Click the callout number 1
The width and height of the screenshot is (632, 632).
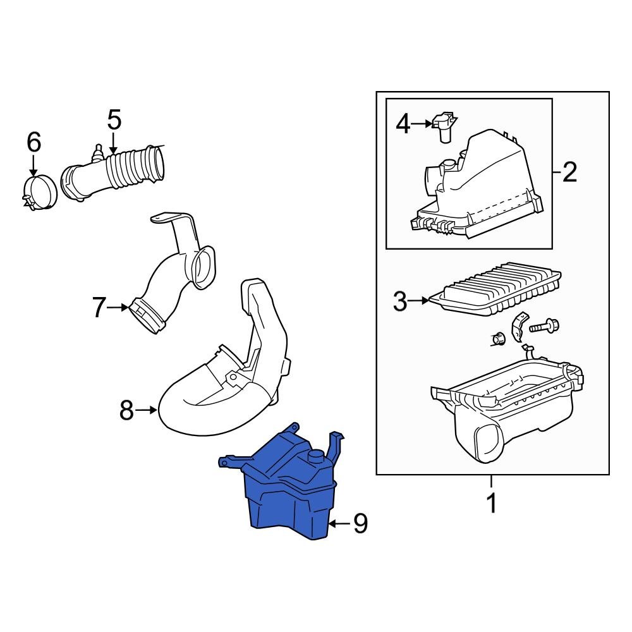pyautogui.click(x=491, y=504)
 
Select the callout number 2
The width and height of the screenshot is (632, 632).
pyautogui.click(x=569, y=171)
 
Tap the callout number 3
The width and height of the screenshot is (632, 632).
pyautogui.click(x=400, y=301)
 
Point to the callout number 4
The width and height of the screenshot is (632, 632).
pyautogui.click(x=403, y=124)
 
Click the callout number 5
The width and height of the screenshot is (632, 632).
pyautogui.click(x=114, y=119)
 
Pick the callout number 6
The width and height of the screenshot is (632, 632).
pyautogui.click(x=33, y=142)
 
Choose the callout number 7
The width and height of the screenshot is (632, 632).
pyautogui.click(x=99, y=308)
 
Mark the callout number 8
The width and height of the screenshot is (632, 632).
pyautogui.click(x=126, y=411)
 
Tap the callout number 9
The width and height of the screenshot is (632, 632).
pyautogui.click(x=360, y=523)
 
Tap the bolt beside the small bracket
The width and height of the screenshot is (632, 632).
pyautogui.click(x=543, y=327)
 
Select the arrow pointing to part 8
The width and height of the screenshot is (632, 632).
pyautogui.click(x=147, y=411)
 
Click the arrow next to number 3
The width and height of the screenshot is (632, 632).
pyautogui.click(x=420, y=301)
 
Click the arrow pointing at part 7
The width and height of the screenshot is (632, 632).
pyautogui.click(x=118, y=308)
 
